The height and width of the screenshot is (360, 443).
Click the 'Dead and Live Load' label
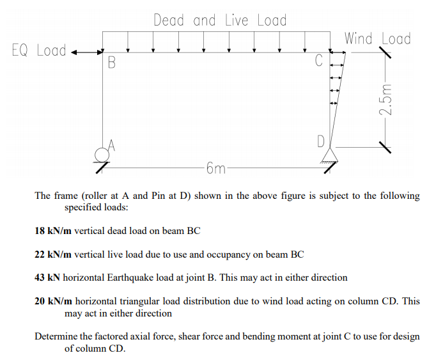pyautogui.click(x=220, y=20)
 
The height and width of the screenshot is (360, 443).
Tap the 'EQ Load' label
pyautogui.click(x=39, y=50)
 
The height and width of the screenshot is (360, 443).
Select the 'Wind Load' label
pyautogui.click(x=377, y=38)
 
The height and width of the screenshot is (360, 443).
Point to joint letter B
pyautogui.click(x=112, y=63)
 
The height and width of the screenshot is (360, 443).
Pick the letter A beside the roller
pyautogui.click(x=113, y=145)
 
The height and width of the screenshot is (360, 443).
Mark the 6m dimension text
pyautogui.click(x=216, y=169)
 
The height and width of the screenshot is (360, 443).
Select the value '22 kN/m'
pyautogui.click(x=53, y=254)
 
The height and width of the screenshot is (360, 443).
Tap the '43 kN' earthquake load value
pyautogui.click(x=49, y=278)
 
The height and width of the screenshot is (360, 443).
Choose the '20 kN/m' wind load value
pyautogui.click(x=53, y=301)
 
